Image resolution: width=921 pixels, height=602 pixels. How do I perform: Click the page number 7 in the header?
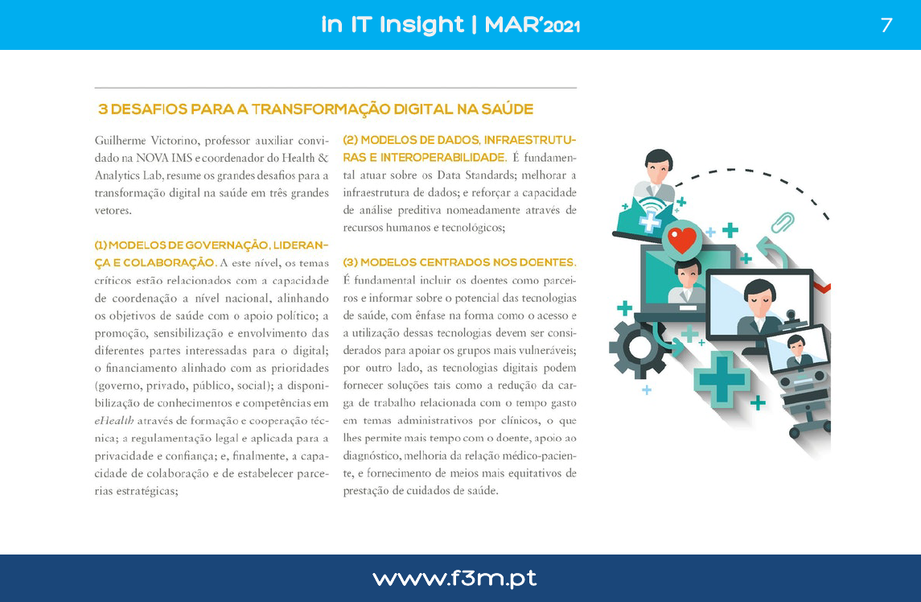click(x=886, y=25)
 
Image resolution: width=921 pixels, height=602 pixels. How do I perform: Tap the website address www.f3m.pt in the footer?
click(x=454, y=579)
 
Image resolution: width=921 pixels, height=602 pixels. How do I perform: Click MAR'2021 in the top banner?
click(x=532, y=25)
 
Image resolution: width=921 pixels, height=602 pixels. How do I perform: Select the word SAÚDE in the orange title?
click(x=507, y=109)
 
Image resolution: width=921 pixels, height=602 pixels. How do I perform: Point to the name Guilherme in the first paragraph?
click(x=121, y=141)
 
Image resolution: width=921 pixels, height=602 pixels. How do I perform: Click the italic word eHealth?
click(x=114, y=420)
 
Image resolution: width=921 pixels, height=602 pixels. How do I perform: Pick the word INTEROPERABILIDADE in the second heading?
click(x=442, y=158)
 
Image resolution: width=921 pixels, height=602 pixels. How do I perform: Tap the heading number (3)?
click(x=350, y=262)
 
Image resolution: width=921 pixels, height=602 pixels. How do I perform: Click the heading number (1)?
click(x=101, y=245)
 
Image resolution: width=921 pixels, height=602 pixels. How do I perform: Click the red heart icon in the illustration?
click(x=682, y=239)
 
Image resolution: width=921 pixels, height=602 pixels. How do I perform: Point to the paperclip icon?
click(x=783, y=223)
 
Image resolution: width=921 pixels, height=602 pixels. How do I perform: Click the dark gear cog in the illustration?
click(x=637, y=348)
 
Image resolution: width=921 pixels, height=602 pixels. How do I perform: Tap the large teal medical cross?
click(x=722, y=379)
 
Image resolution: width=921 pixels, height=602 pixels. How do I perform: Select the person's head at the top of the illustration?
click(x=659, y=165)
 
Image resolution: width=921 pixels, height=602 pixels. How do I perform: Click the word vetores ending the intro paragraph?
click(x=113, y=211)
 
